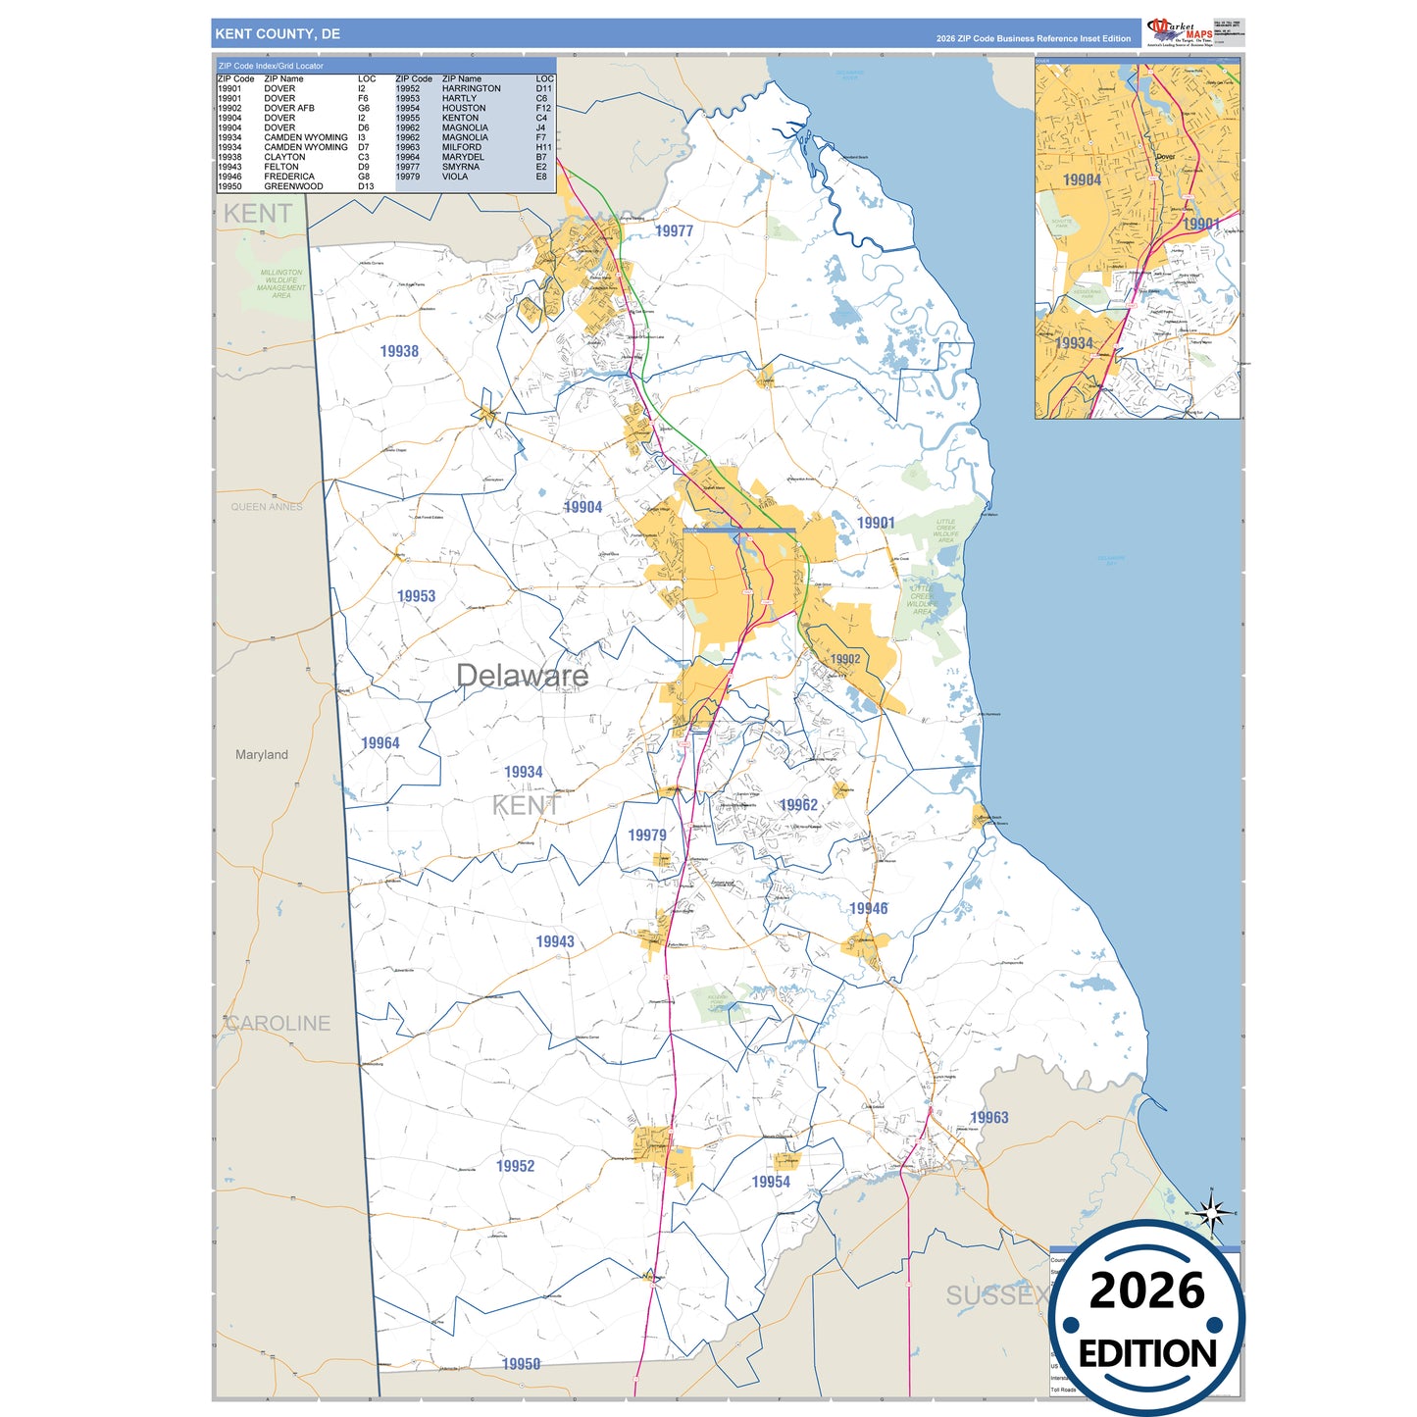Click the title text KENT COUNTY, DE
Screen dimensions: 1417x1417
278,34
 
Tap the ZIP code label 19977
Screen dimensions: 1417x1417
674,231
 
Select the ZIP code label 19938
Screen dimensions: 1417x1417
399,351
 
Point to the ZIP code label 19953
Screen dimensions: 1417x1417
416,596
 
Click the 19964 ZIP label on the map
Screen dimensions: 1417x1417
380,743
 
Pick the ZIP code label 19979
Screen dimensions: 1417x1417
647,835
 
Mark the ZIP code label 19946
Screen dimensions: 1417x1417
868,909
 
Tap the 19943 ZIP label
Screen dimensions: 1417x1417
554,942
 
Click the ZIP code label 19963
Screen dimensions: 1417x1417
988,1118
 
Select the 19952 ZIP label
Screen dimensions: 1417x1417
515,1166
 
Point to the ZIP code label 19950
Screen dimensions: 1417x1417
521,1364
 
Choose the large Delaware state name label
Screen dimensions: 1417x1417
522,676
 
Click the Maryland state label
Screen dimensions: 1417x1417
262,755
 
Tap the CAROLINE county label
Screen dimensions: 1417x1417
278,1024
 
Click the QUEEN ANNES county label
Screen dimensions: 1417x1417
267,507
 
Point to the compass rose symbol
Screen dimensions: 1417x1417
1212,1214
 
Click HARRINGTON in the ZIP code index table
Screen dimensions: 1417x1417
471,89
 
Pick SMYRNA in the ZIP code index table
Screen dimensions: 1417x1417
460,168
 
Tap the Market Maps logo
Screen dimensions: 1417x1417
1180,32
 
